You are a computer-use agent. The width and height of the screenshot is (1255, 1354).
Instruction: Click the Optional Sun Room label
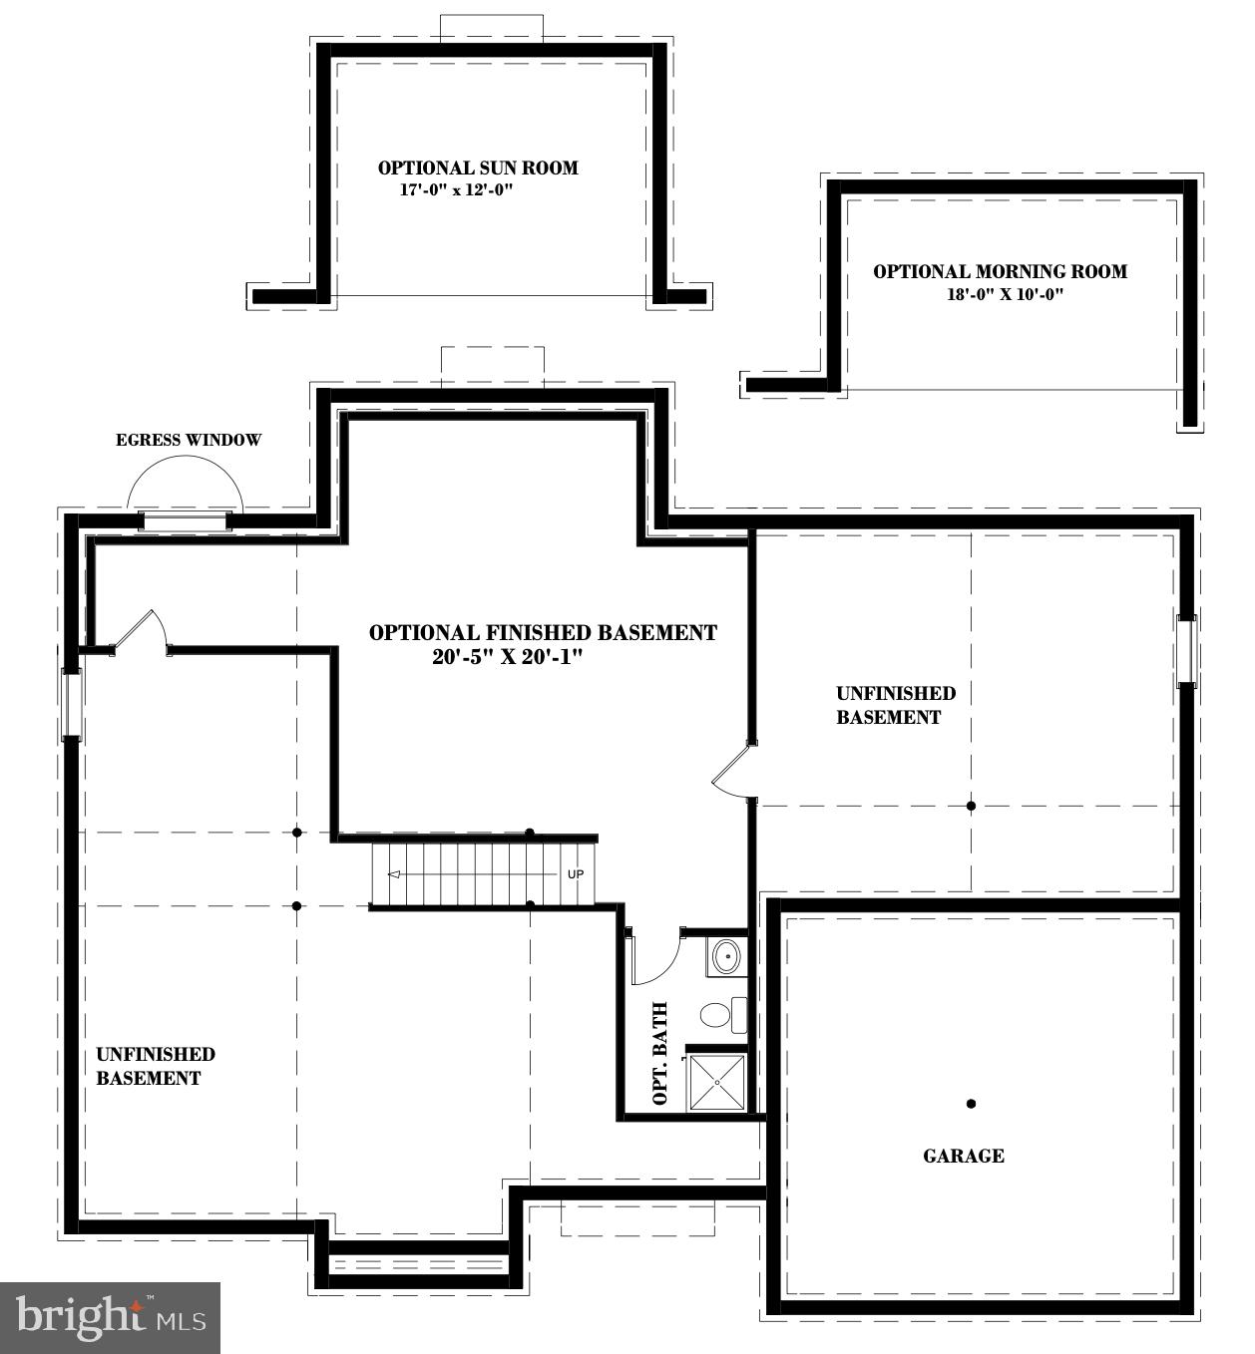478,169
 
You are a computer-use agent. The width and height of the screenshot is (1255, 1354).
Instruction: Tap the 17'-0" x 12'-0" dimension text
456,189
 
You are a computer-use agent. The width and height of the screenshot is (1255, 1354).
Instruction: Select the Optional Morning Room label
1000,271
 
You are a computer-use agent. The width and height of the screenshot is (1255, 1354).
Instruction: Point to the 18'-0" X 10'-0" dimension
1006,294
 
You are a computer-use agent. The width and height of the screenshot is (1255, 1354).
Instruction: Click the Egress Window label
189,440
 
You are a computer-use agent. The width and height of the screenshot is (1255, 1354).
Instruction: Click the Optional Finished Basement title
543,632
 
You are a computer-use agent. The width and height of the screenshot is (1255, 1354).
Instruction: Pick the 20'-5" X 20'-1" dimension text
507,657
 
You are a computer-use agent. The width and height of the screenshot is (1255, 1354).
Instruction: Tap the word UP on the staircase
575,874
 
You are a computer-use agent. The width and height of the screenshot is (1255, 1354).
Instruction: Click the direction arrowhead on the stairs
393,874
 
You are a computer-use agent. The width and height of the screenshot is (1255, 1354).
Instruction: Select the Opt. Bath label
659,1053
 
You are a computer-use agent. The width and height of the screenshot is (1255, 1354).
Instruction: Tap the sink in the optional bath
727,956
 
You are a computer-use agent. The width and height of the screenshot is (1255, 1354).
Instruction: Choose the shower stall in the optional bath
716,1082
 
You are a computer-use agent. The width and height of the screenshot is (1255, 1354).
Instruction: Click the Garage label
963,1156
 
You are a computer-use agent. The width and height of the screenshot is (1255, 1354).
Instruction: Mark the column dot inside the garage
971,1104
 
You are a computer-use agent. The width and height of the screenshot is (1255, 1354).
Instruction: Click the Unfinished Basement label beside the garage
895,705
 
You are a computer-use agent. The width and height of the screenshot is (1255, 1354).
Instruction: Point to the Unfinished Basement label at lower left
155,1066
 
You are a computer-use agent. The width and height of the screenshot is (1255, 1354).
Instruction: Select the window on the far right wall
1186,650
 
